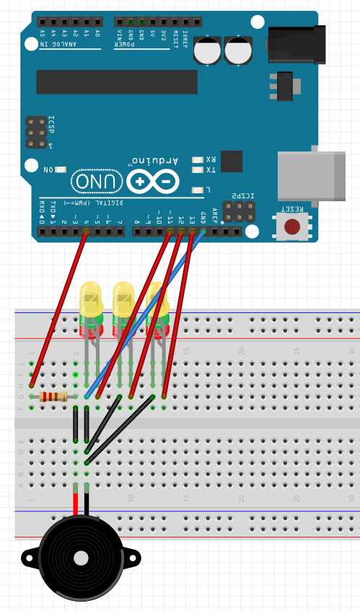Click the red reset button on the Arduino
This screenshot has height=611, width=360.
291,227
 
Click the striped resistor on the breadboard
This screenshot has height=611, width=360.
53,396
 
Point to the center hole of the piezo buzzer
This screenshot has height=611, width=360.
81,558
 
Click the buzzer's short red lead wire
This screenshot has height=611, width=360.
75,501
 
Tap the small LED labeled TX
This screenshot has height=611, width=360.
197,170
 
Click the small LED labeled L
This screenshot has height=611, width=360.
197,190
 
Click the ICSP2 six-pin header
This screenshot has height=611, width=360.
239,211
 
